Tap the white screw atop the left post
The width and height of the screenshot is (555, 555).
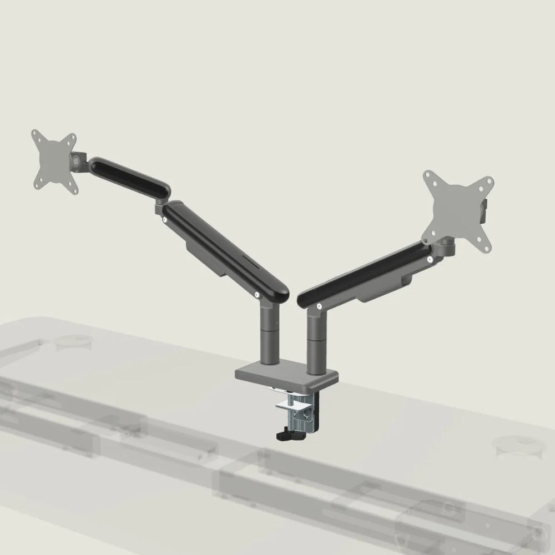(x=257, y=296)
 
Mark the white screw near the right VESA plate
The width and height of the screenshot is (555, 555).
(x=430, y=258)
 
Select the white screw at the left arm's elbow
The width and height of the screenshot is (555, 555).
(x=164, y=219)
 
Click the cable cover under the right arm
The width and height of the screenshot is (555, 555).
(x=389, y=289)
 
